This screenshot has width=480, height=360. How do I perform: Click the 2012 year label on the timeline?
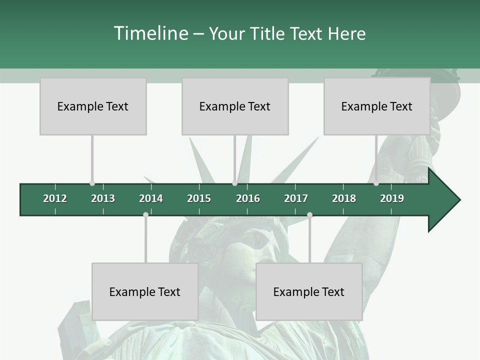coord(55,198)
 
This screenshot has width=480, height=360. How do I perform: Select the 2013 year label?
coord(103,198)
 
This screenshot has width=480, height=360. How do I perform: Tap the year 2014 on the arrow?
coord(151,198)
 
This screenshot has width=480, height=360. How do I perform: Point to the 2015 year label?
coord(199,198)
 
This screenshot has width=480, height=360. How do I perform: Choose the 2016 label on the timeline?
coord(248,198)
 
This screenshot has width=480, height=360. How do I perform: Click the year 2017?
coord(296,198)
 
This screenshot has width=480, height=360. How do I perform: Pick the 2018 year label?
coord(344,198)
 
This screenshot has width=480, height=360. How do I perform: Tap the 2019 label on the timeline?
coord(392,198)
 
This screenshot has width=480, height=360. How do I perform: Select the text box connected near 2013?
coord(93,106)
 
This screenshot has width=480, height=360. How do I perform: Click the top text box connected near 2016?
coord(235,106)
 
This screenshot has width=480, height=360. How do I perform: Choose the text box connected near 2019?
coord(377,106)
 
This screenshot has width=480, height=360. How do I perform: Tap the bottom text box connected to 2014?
coord(145,291)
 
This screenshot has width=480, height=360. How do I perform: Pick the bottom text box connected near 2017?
coord(309,291)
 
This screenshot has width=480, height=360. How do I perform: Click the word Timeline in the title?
coord(150,33)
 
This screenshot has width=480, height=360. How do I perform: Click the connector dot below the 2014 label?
coord(145,214)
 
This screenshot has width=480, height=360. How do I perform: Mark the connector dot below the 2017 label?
coord(309,214)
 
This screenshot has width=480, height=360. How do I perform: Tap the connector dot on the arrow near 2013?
coord(92,183)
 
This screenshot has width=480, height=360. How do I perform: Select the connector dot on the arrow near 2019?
coord(376,183)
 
